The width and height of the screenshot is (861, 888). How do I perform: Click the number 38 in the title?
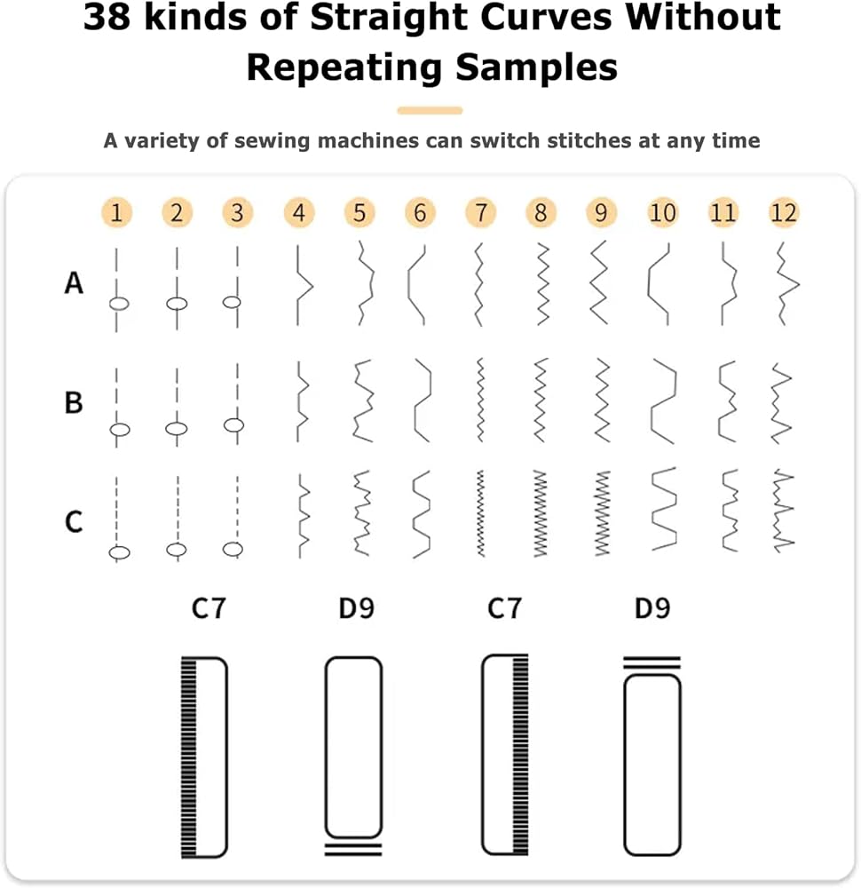click(108, 16)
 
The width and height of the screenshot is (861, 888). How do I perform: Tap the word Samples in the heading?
click(536, 68)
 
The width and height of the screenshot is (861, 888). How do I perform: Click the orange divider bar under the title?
click(430, 110)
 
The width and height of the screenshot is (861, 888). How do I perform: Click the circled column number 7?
click(480, 213)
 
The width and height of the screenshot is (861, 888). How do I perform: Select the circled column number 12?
click(784, 213)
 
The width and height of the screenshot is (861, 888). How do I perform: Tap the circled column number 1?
click(116, 213)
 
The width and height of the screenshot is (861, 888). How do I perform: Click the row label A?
click(75, 282)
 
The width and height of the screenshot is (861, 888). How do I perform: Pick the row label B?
click(74, 402)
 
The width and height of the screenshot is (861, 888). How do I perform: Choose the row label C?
click(75, 522)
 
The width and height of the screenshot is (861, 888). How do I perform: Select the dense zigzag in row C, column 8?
click(541, 513)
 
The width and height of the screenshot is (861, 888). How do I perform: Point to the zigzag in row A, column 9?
click(599, 282)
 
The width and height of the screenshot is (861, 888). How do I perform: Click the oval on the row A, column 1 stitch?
click(119, 304)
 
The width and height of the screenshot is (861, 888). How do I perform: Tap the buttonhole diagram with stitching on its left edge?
click(204, 757)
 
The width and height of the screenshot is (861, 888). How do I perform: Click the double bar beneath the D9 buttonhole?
click(353, 849)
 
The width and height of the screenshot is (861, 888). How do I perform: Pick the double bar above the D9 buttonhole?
click(652, 663)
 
